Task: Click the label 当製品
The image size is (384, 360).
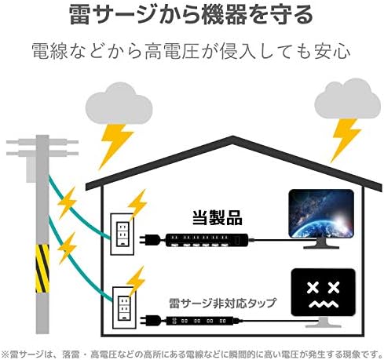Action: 218,218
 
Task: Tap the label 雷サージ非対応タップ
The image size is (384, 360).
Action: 222,303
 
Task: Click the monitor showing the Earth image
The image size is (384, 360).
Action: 321,219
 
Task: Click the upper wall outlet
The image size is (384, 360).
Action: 122,234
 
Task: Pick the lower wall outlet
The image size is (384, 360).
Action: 124,307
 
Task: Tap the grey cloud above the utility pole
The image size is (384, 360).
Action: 119,104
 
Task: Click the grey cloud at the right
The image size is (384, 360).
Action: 347,99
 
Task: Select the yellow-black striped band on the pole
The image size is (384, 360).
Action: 42,268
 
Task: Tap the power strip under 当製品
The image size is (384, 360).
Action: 207,240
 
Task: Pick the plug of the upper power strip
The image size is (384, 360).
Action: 149,240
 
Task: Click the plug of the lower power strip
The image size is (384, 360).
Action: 150,321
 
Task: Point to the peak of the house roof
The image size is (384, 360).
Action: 232,136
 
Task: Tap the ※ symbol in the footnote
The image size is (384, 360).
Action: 5,355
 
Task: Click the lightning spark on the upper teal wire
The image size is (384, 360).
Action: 67,202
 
